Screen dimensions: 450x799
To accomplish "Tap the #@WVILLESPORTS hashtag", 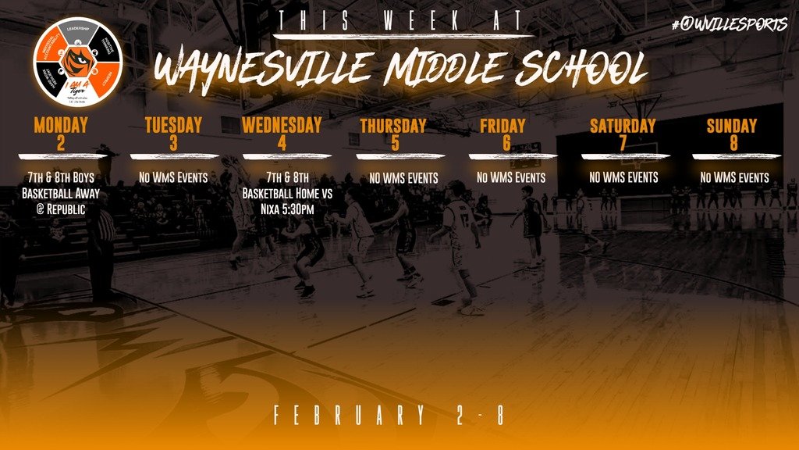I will [x=728, y=24].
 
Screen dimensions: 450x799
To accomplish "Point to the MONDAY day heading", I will [x=60, y=124].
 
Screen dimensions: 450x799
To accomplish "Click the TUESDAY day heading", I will [x=173, y=125].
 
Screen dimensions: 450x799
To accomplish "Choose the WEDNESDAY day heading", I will [x=281, y=125].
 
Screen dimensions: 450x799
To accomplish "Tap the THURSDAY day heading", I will [x=392, y=125].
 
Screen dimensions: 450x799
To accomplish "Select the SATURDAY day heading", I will [x=622, y=125].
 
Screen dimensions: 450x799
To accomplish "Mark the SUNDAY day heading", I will [x=731, y=125].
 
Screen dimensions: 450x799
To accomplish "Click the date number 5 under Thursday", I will [x=392, y=143].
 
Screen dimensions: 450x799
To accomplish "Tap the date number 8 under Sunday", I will [x=731, y=143].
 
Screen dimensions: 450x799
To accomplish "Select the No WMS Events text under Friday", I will [x=511, y=177].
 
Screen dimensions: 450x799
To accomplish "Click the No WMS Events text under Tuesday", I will [x=173, y=177].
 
